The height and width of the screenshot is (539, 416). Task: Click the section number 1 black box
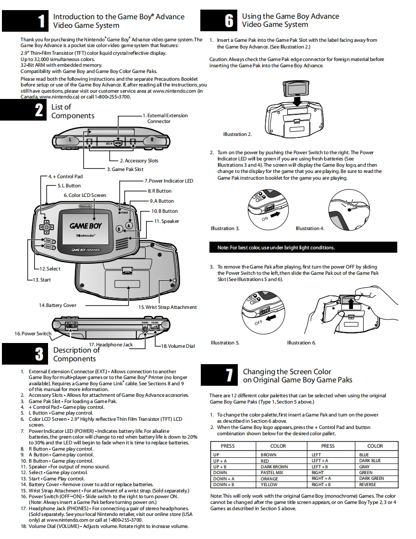pyautogui.click(x=25, y=21)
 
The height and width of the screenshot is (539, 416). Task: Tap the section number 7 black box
pyautogui.click(x=219, y=375)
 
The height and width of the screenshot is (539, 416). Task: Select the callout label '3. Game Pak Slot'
pyautogui.click(x=125, y=169)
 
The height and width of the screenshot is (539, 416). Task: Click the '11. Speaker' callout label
pyautogui.click(x=166, y=221)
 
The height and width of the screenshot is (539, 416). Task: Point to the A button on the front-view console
pyautogui.click(x=129, y=225)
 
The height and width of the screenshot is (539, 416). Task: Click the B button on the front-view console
pyautogui.click(x=119, y=229)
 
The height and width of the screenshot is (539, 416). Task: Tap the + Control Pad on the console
pyautogui.click(x=46, y=227)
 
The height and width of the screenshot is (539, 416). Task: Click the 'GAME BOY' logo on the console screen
pyautogui.click(x=85, y=226)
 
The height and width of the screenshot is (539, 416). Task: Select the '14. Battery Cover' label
pyautogui.click(x=58, y=305)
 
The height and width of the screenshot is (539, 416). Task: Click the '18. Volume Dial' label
pyautogui.click(x=178, y=346)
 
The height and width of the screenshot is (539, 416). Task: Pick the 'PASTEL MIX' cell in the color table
pyautogui.click(x=271, y=473)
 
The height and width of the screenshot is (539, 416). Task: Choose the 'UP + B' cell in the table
pyautogui.click(x=220, y=467)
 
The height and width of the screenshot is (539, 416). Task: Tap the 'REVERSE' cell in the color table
pyautogui.click(x=367, y=485)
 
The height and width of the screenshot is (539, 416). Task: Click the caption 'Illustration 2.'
pyautogui.click(x=238, y=134)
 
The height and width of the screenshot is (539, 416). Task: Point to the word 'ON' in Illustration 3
pyautogui.click(x=265, y=219)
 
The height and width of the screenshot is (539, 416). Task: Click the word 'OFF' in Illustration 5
pyautogui.click(x=258, y=322)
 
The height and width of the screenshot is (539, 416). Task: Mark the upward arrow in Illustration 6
pyautogui.click(x=350, y=304)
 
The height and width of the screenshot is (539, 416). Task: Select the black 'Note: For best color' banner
pyautogui.click(x=303, y=247)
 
